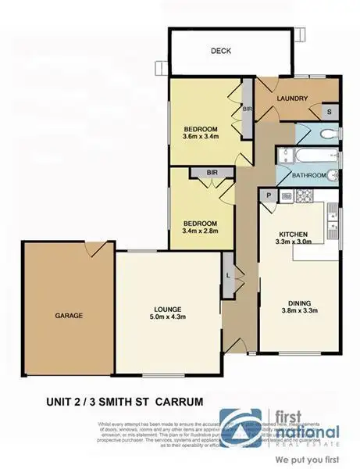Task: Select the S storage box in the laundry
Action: [x=329, y=111]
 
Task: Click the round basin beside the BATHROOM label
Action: [x=333, y=174]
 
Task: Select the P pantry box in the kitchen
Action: [x=269, y=195]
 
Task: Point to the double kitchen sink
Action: [x=333, y=220]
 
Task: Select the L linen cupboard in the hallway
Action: [x=227, y=276]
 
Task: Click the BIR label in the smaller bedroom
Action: [x=212, y=171]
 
